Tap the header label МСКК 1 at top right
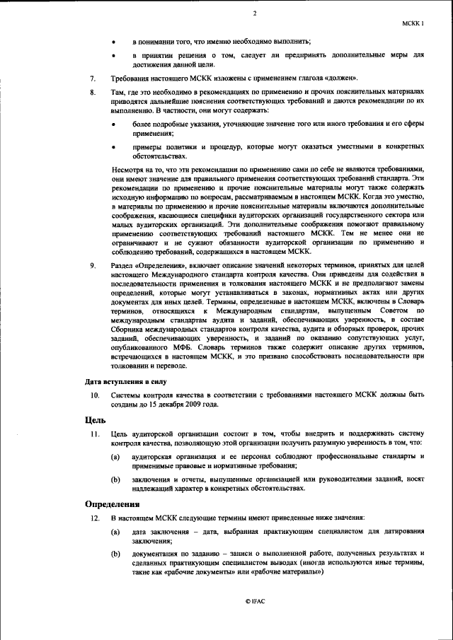pos(413,23)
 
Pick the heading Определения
pos(113,504)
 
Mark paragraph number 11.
pos(93,433)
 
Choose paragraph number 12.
pos(93,518)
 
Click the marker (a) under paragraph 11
pos(115,458)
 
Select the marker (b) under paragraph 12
pos(115,553)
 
